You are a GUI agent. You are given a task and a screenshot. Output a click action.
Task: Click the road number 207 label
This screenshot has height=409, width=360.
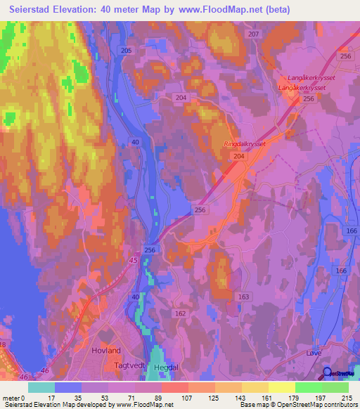coord(253,34)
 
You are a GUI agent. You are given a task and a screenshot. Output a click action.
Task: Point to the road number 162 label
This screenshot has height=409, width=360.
coord(179,313)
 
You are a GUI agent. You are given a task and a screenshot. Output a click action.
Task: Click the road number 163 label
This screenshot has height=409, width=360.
coord(243,297)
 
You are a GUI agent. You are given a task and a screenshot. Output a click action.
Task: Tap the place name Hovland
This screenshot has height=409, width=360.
coord(106,350)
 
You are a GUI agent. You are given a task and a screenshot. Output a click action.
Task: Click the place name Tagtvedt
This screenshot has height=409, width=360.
coord(130,366)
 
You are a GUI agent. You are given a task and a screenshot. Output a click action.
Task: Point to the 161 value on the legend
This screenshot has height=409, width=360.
coord(266,397)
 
